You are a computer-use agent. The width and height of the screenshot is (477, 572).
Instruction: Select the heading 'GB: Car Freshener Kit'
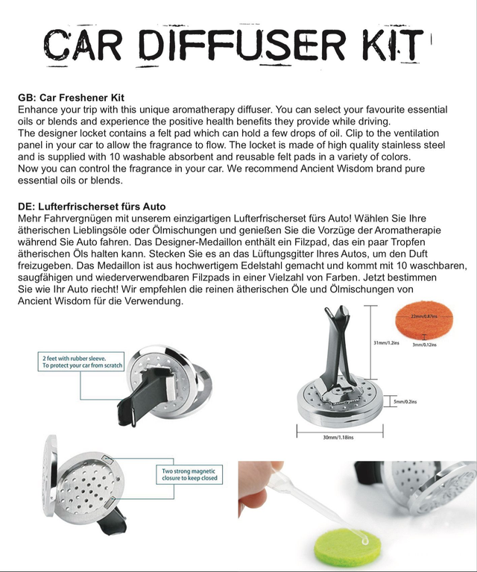click(71, 98)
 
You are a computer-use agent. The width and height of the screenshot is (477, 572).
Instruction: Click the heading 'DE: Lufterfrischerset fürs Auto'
click(92, 206)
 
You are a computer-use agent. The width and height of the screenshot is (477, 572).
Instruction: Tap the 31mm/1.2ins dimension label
click(385, 343)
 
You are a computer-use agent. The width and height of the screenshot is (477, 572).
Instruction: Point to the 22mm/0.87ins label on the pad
click(424, 317)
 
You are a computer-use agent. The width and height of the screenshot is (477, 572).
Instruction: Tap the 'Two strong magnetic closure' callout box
click(189, 474)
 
